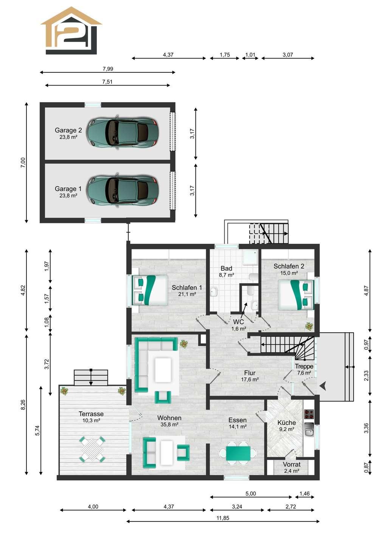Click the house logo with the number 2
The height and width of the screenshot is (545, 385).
(x=71, y=30)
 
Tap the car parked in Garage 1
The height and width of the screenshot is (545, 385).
(x=123, y=190)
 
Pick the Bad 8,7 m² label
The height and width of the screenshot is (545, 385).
(x=227, y=271)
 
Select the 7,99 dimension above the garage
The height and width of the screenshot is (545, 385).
(x=108, y=69)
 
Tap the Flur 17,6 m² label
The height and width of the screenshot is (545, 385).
(x=250, y=376)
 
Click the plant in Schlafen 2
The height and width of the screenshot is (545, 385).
(x=309, y=326)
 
